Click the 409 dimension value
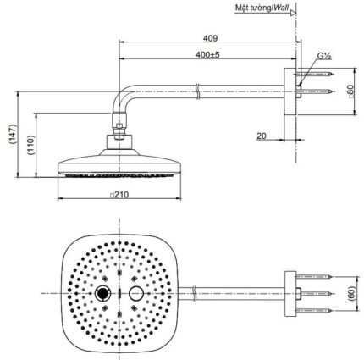click(x=211, y=38)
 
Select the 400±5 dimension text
click(x=207, y=54)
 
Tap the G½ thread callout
click(x=324, y=56)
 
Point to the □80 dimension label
click(x=350, y=91)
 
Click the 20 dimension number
click(x=262, y=136)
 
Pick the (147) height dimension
click(x=13, y=135)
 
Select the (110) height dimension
click(x=30, y=145)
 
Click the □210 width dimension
click(x=119, y=195)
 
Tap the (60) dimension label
click(x=350, y=294)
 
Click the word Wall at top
click(x=281, y=8)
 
